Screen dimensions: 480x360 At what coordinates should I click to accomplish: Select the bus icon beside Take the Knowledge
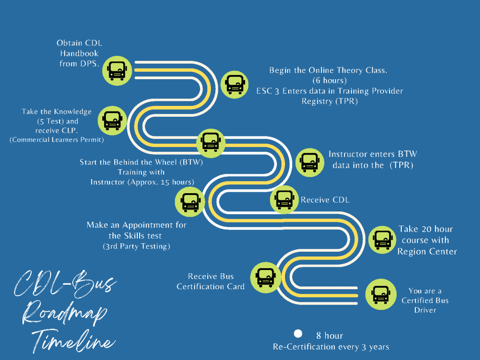pyautogui.click(x=112, y=120)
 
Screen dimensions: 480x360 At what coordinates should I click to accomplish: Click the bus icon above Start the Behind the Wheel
pyautogui.click(x=210, y=142)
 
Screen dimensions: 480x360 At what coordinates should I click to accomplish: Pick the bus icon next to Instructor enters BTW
pyautogui.click(x=309, y=161)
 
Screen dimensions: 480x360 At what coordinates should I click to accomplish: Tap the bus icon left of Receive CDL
pyautogui.click(x=285, y=200)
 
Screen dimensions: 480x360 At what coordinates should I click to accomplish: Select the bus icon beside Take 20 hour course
pyautogui.click(x=382, y=239)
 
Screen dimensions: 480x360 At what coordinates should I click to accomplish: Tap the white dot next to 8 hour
pyautogui.click(x=298, y=334)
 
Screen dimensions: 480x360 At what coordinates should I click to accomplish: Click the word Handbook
pyautogui.click(x=79, y=53)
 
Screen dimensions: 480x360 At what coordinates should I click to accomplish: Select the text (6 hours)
pyautogui.click(x=330, y=81)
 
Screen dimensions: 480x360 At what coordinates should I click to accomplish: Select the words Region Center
pyautogui.click(x=427, y=252)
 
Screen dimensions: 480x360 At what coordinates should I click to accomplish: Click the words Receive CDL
pyautogui.click(x=325, y=200)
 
